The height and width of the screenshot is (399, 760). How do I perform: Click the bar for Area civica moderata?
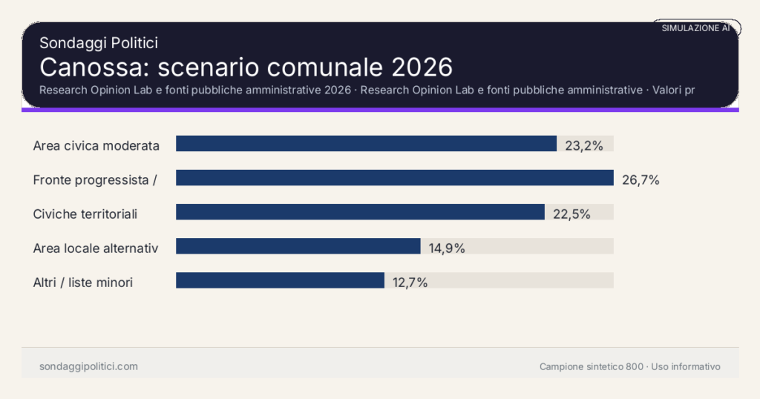(366, 144)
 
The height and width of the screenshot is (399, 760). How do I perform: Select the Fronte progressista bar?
(394, 178)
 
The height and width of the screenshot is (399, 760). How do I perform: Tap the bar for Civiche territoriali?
(360, 212)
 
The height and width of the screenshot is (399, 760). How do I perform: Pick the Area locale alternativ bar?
(298, 246)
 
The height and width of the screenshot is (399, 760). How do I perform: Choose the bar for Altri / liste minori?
(280, 280)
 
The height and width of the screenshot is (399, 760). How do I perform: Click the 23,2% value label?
(584, 145)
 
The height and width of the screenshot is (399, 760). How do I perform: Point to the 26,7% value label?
(641, 179)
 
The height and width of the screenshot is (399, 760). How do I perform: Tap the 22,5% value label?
(571, 214)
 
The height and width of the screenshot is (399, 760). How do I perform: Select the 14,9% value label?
(447, 248)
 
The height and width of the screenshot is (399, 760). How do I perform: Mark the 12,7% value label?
(410, 282)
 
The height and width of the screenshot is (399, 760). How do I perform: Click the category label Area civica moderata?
(96, 145)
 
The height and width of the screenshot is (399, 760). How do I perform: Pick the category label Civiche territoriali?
(85, 214)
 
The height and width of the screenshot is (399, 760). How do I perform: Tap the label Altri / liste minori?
(83, 282)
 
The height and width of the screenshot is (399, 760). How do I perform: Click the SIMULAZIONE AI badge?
(695, 28)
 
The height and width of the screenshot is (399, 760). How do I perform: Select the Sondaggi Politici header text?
(99, 43)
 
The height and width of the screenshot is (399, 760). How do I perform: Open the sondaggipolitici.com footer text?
(88, 366)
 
